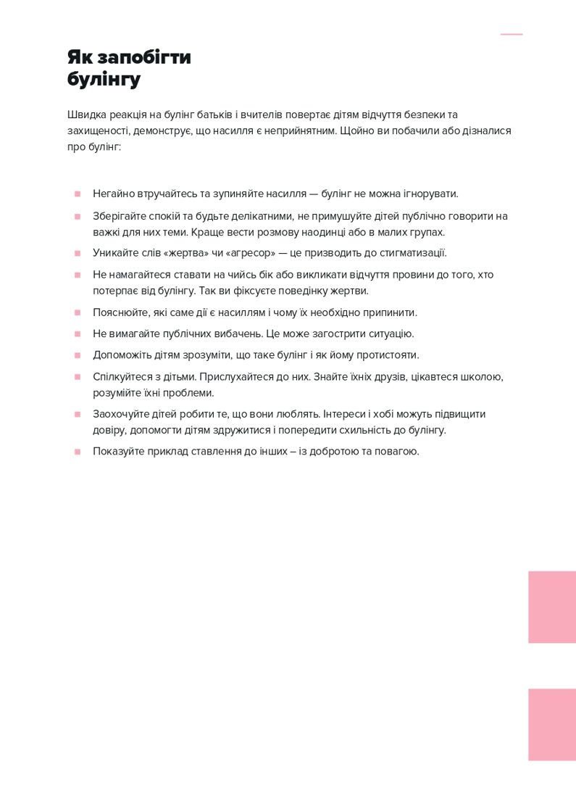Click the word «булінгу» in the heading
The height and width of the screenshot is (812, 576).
click(104, 79)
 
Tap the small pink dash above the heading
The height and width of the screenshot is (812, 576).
click(511, 34)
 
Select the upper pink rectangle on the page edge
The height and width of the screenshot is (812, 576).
click(551, 607)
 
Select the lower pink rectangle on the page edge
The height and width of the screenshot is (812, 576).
click(551, 724)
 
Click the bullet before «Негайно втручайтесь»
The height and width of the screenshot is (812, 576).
click(77, 194)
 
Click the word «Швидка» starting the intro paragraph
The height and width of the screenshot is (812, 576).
click(86, 115)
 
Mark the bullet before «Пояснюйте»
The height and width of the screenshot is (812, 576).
click(77, 313)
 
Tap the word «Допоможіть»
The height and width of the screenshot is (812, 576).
click(121, 355)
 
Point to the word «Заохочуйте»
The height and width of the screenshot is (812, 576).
click(120, 414)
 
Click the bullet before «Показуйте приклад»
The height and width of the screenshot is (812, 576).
click(77, 452)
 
